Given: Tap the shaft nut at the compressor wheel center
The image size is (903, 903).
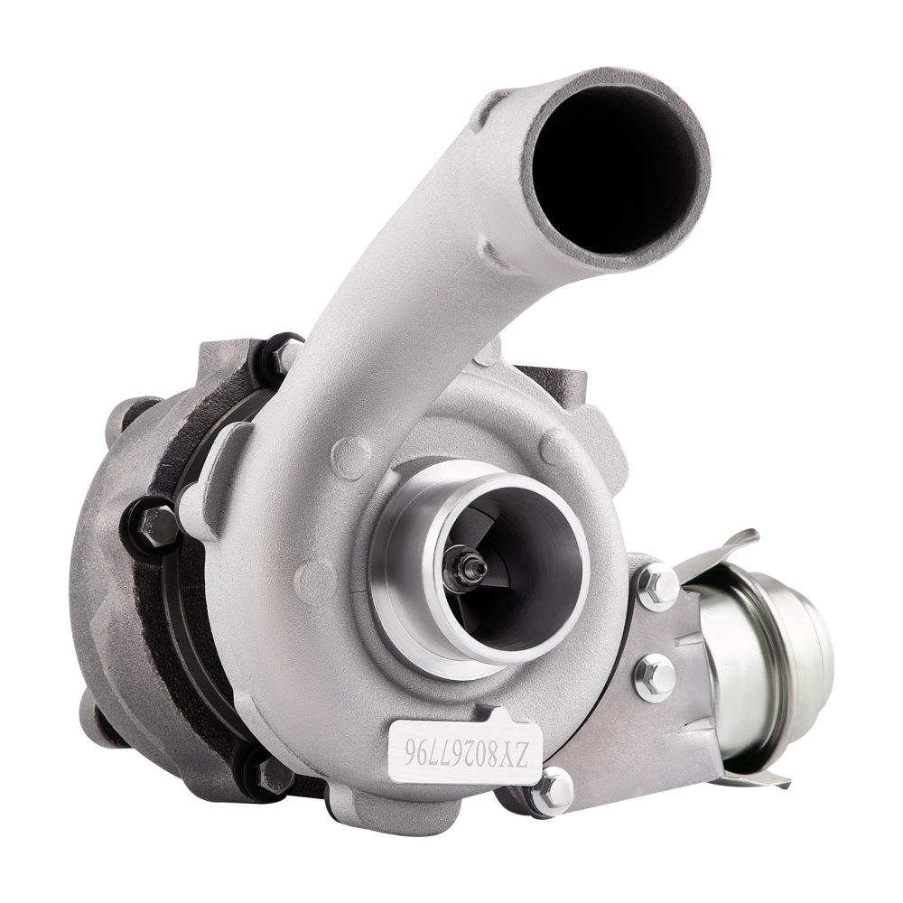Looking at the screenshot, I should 470,567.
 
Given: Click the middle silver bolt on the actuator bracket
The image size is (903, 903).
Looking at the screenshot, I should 655,676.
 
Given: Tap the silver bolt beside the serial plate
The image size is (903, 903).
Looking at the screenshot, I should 552,792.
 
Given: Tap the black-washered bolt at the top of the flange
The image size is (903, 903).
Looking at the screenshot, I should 287,354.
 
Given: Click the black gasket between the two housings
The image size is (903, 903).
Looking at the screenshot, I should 194,632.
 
